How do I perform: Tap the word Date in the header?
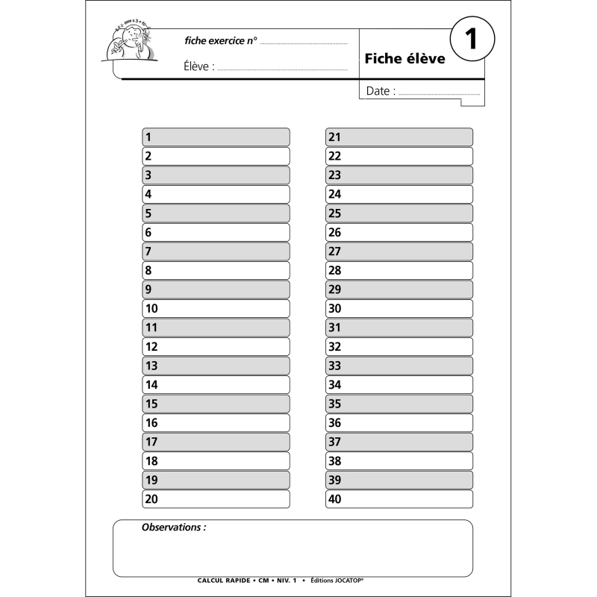pos(378,91)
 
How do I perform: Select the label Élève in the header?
pos(198,66)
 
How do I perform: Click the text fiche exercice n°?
pos(220,40)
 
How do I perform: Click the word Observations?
pos(173,527)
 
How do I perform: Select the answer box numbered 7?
pos(216,251)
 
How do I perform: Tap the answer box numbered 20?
pos(216,499)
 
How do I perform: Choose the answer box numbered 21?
pos(399,137)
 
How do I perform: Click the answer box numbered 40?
pos(399,499)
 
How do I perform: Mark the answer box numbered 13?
pos(216,366)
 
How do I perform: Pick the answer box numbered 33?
pos(399,366)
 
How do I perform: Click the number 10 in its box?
pos(151,308)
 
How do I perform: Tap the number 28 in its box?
pos(334,270)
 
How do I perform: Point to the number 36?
pos(334,422)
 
